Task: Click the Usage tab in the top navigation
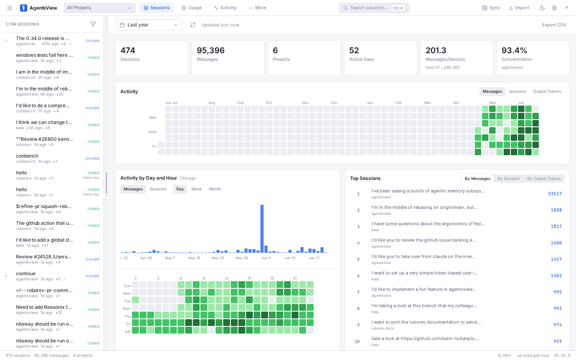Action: tap(192, 8)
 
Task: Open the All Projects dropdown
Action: tap(100, 8)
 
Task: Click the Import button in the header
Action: tap(519, 8)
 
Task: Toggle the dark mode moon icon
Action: tap(542, 8)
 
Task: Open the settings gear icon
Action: tap(554, 8)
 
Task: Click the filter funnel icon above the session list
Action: tap(93, 24)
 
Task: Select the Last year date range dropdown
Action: tap(149, 25)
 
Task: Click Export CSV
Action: tap(554, 25)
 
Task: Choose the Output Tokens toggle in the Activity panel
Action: tap(547, 91)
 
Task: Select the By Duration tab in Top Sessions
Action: tap(508, 178)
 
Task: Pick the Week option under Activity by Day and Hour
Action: tap(196, 189)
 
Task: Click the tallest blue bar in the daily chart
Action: tap(262, 229)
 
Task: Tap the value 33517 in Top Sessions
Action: tap(555, 194)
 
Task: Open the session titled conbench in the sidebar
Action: tap(27, 156)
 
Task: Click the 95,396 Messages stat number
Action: tap(210, 50)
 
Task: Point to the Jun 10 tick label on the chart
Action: tap(290, 258)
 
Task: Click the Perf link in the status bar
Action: tap(504, 355)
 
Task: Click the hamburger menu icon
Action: tap(10, 8)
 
